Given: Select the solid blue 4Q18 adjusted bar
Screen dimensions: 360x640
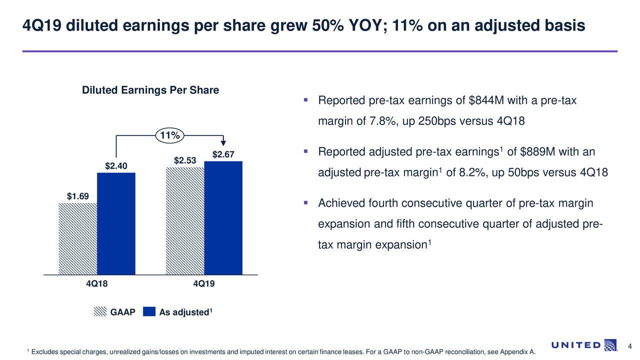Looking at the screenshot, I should [x=116, y=223].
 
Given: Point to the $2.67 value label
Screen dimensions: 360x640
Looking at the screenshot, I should [x=223, y=154].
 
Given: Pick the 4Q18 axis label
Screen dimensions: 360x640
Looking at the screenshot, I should [x=97, y=284].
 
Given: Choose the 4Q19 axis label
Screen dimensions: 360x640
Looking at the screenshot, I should [x=203, y=284].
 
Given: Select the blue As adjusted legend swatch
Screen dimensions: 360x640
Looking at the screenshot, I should [x=149, y=312].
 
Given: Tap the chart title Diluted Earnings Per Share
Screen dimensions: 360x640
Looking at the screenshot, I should [x=150, y=90].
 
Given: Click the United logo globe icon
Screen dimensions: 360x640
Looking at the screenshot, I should [x=610, y=345].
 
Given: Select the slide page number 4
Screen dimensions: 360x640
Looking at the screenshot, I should [x=630, y=347].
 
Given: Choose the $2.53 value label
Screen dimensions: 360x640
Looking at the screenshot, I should [x=184, y=160].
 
